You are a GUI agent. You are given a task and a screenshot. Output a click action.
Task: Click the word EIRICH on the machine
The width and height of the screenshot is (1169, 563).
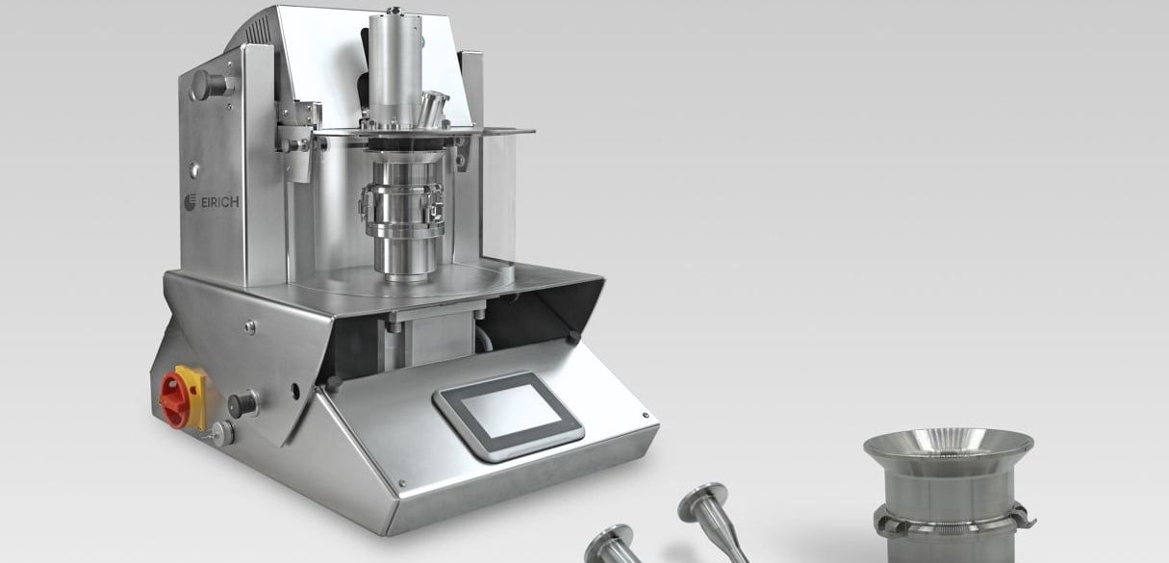tap(219, 202)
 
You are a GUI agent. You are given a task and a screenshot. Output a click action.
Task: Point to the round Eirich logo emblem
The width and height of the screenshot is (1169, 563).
tap(190, 202)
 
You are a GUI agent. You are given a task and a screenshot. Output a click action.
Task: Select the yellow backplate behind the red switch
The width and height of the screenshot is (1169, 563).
tap(193, 396)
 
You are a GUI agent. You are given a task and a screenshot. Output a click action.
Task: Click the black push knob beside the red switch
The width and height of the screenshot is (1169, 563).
tap(242, 404)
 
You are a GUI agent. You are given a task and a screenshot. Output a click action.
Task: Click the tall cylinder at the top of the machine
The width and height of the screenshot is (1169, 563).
tap(395, 67)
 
